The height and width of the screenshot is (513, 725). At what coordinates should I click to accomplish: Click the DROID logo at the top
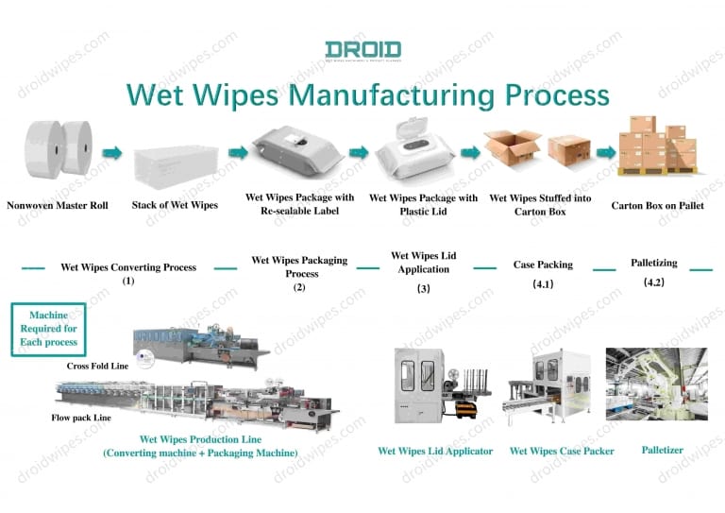[x=362, y=49]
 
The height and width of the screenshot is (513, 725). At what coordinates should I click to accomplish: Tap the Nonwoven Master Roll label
[x=57, y=205]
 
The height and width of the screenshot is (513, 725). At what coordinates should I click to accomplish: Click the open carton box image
[x=512, y=147]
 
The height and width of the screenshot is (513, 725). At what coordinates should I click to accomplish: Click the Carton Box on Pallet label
[x=657, y=205]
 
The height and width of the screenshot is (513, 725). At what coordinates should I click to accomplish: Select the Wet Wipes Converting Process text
[x=128, y=267]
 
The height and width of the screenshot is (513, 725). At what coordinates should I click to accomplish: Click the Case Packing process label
[x=543, y=265]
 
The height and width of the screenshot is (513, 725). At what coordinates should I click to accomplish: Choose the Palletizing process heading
[x=654, y=263]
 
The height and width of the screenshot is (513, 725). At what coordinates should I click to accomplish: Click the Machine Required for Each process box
[x=48, y=328]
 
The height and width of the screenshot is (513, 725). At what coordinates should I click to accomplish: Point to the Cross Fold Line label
[x=97, y=365]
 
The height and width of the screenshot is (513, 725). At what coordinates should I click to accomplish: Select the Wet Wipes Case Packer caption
[x=562, y=451]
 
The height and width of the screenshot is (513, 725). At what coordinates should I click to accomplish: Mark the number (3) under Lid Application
[x=423, y=288]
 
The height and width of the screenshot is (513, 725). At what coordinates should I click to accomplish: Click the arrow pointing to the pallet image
[x=604, y=151]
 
